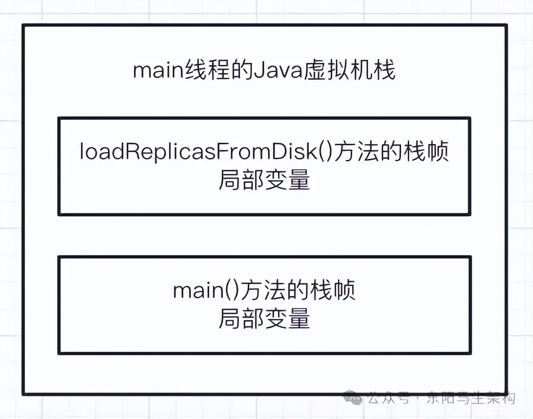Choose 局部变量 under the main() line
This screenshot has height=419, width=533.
tap(264, 319)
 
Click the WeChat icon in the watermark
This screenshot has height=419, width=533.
tap(353, 398)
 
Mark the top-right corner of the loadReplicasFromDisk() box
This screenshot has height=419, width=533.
tap(470, 118)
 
